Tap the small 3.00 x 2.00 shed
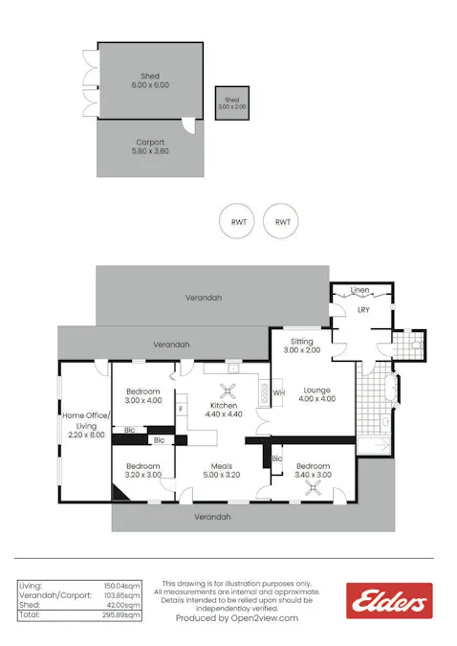pyautogui.click(x=232, y=102)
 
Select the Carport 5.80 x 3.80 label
pyautogui.click(x=150, y=147)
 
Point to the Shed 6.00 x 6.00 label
pyautogui.click(x=150, y=80)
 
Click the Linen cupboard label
pyautogui.click(x=360, y=290)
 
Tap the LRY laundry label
pyautogui.click(x=364, y=310)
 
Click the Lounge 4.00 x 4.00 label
pyautogui.click(x=316, y=394)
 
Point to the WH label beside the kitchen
pyautogui.click(x=279, y=392)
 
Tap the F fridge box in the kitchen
pyautogui.click(x=181, y=409)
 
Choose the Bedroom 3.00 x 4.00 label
pyautogui.click(x=143, y=396)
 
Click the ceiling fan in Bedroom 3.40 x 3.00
pyautogui.click(x=313, y=486)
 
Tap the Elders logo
pyautogui.click(x=388, y=602)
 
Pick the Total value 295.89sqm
pyautogui.click(x=121, y=616)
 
